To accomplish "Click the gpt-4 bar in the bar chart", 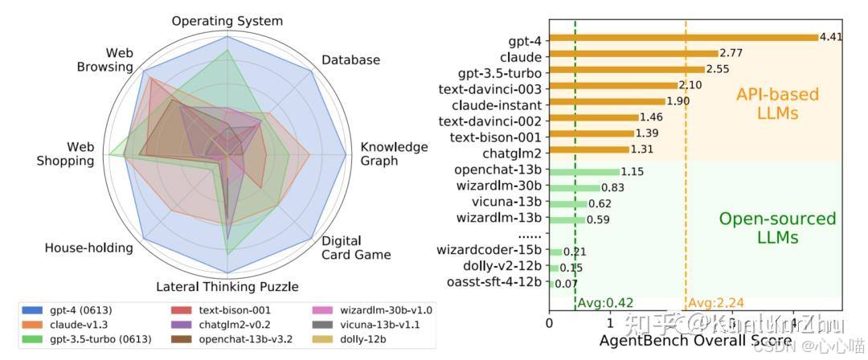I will pyautogui.click(x=683, y=37).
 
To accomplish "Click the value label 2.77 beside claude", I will pyautogui.click(x=730, y=53).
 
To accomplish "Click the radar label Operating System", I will pyautogui.click(x=227, y=21).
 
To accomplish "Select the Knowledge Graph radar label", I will pyautogui.click(x=394, y=153).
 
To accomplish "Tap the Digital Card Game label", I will pyautogui.click(x=357, y=247).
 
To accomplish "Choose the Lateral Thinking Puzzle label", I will pyautogui.click(x=227, y=287).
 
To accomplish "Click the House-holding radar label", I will pyautogui.click(x=88, y=247).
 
